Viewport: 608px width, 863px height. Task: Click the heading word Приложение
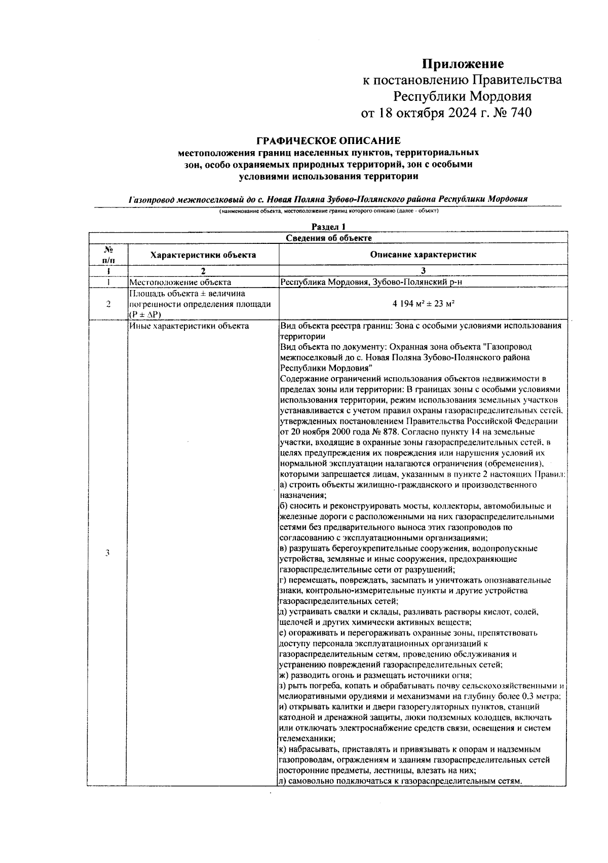point(463,64)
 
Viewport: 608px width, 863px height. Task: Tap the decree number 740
point(518,112)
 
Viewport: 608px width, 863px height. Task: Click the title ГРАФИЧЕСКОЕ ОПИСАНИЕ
point(328,140)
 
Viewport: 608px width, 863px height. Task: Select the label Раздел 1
point(328,227)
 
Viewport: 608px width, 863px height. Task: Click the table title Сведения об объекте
point(328,237)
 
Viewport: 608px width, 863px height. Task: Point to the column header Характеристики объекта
point(203,255)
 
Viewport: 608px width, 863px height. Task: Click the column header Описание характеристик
point(423,255)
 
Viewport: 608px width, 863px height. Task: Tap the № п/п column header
point(107,255)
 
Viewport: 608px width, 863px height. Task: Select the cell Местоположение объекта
point(180,282)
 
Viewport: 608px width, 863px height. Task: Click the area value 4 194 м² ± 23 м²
point(423,304)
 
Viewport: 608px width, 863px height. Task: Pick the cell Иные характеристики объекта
point(189,326)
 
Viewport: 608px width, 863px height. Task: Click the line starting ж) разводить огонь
point(375,675)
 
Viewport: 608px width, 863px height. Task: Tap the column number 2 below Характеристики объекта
point(203,270)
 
